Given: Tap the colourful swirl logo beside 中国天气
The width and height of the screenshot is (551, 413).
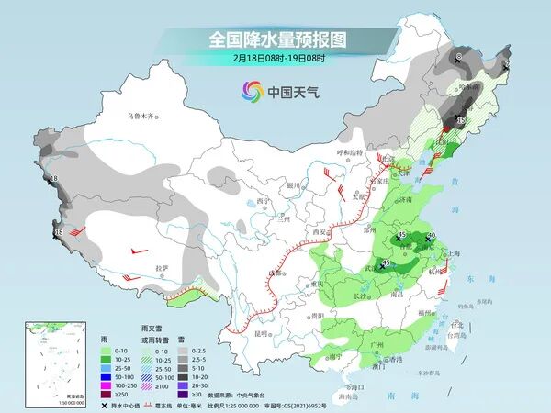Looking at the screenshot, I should click(252, 91).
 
